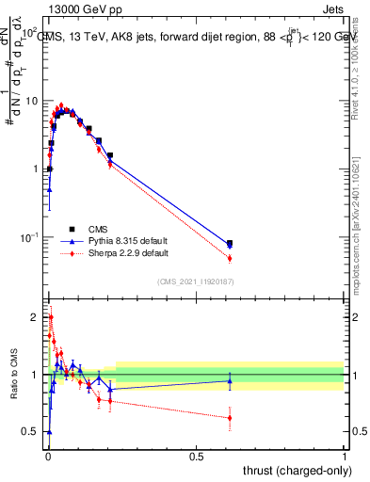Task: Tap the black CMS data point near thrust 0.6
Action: (230, 243)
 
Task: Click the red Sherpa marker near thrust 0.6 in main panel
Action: (230, 258)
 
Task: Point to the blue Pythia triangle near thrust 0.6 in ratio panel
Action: (230, 380)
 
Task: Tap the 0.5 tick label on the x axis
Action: (196, 455)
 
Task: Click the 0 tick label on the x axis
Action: (47, 455)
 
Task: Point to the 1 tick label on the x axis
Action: (345, 455)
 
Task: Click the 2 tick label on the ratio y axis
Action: (37, 317)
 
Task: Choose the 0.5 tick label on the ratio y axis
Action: (32, 432)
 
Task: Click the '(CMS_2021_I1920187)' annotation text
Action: (196, 281)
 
